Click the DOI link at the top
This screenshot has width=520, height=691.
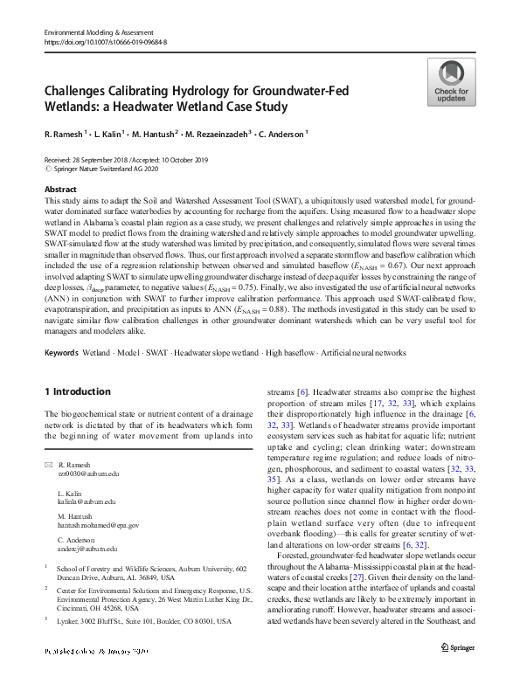(x=106, y=41)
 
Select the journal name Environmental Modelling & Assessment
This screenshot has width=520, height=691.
(x=105, y=31)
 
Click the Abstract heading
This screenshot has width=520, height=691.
(x=59, y=189)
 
